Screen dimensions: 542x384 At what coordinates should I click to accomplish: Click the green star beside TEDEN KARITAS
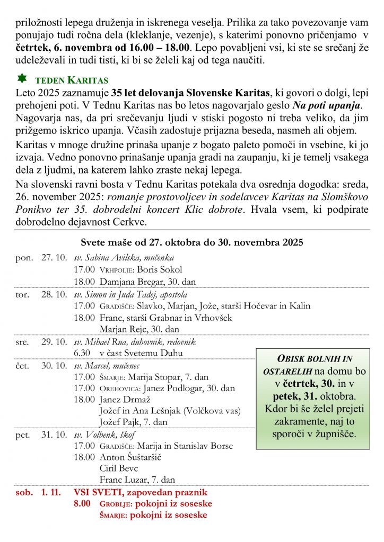point(22,79)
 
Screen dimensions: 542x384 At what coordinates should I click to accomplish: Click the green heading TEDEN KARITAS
point(72,81)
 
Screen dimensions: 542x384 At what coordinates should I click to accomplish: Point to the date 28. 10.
point(54,294)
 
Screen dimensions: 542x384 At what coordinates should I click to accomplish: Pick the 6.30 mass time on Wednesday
point(81,353)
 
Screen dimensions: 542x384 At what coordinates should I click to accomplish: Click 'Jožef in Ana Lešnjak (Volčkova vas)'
point(170,410)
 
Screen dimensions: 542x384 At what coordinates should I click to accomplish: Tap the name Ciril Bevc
point(118,468)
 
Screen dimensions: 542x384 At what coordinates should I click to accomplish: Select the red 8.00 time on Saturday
point(82,503)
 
